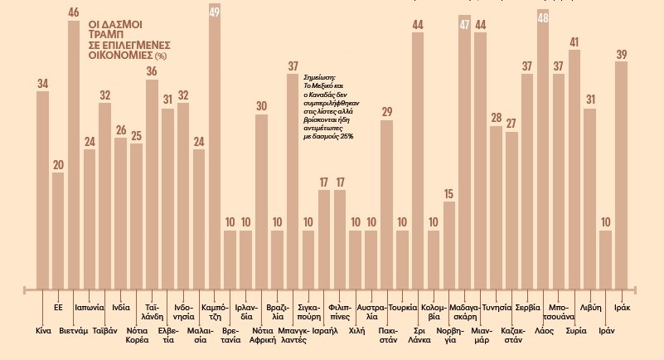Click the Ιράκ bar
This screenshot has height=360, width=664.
coord(621,174)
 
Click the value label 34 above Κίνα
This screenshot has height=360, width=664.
coord(43,83)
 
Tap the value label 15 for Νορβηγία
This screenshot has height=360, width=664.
coord(449,193)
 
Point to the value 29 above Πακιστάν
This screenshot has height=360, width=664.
coord(386,112)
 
